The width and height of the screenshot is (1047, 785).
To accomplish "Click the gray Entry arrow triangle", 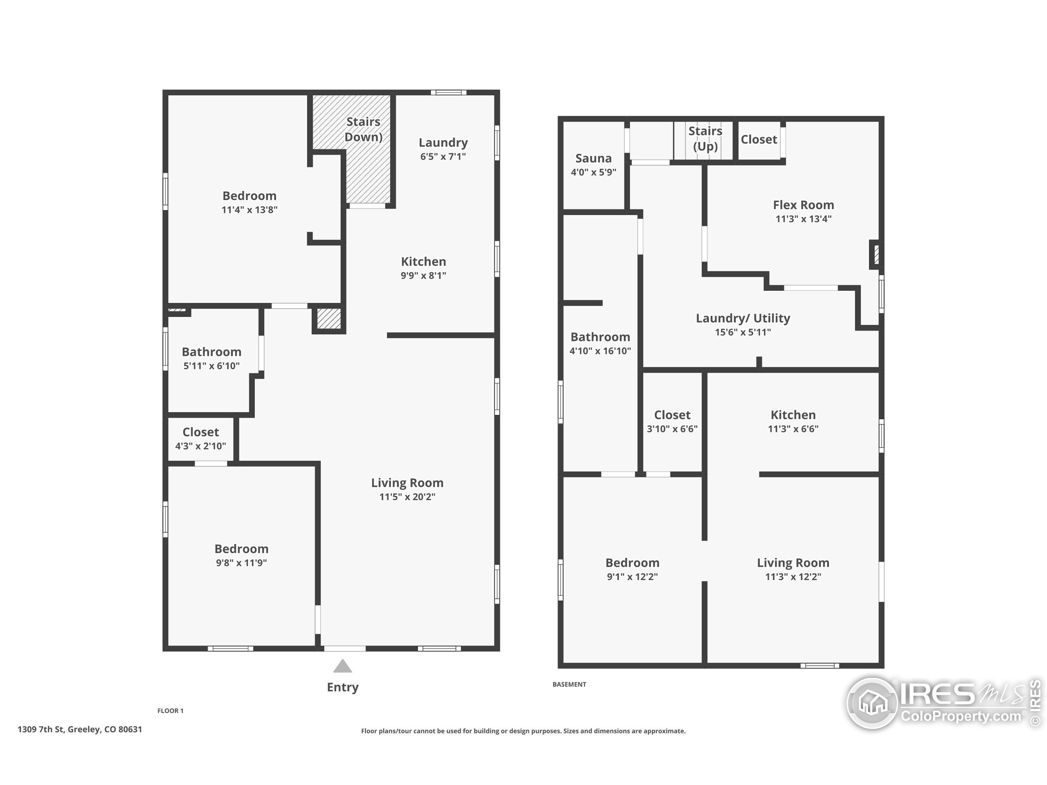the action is (x=343, y=666).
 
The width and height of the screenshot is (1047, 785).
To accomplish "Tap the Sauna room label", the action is (x=593, y=158).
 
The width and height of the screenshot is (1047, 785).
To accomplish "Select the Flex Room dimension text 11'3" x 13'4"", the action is (x=803, y=219).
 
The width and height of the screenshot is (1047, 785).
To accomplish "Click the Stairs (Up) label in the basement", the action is (x=705, y=139).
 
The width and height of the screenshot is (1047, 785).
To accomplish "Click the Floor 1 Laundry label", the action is (x=443, y=142).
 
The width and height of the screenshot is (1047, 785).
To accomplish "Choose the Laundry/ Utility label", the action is (x=743, y=318).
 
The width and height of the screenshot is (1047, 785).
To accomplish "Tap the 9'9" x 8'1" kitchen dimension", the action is (x=423, y=276).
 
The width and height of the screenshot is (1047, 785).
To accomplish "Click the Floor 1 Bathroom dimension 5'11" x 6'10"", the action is (x=211, y=366).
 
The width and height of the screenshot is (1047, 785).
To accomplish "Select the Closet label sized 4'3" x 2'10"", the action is (x=201, y=432).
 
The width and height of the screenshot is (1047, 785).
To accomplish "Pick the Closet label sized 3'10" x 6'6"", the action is (x=672, y=415).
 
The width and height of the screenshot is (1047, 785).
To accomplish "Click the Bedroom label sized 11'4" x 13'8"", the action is (x=249, y=196).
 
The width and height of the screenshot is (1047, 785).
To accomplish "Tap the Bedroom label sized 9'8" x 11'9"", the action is (x=241, y=549).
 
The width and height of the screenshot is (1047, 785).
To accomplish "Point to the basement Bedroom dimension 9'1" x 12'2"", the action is (x=632, y=577).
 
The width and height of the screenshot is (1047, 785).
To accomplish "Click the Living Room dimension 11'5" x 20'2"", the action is (x=407, y=497).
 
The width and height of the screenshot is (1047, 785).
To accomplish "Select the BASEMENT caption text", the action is (x=569, y=684).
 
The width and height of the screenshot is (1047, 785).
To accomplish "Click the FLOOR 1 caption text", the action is (x=171, y=711).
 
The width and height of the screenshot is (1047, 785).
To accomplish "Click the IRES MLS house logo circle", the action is (x=872, y=703).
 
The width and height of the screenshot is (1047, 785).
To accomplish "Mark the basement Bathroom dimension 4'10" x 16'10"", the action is (x=600, y=351).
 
